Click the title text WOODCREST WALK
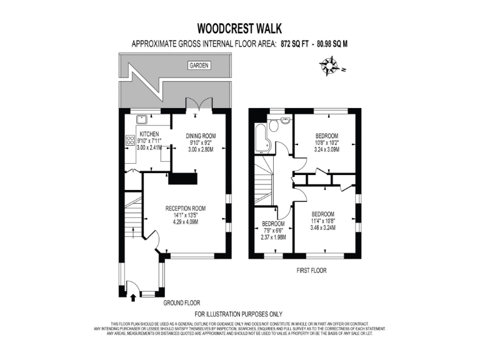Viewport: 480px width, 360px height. (x=239, y=28)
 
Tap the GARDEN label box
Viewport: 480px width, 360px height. (x=199, y=66)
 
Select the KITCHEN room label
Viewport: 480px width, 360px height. (x=149, y=134)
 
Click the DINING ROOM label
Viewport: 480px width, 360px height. (x=201, y=136)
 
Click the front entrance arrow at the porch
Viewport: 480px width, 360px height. (x=132, y=288)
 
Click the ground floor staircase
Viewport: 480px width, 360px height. (x=132, y=219)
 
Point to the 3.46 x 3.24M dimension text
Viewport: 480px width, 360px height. (x=323, y=228)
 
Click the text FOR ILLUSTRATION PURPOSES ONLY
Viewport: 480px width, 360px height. (x=239, y=314)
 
